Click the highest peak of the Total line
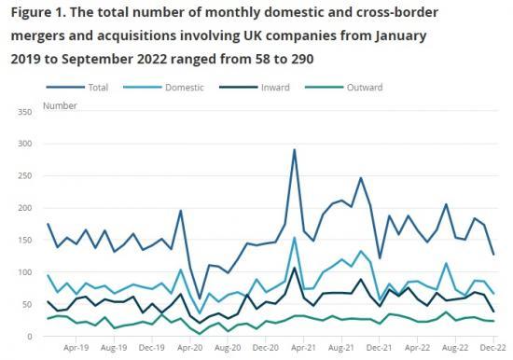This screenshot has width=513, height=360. tap(295, 150)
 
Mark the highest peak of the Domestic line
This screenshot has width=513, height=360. tap(295, 237)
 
